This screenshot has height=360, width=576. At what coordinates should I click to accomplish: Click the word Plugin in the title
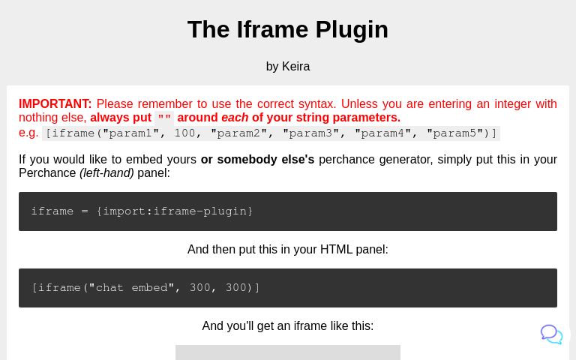(352, 29)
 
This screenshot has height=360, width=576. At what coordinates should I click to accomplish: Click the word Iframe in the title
(271, 29)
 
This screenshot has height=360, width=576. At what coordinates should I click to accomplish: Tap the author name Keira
(295, 67)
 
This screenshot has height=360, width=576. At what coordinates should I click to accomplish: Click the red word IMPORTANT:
(55, 104)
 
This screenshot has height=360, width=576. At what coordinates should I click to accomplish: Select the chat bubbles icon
(551, 334)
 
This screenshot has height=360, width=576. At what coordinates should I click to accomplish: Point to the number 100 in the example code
(184, 133)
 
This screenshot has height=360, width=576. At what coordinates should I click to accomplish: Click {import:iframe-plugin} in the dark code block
(174, 211)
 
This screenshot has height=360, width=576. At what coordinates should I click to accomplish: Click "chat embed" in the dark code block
(131, 288)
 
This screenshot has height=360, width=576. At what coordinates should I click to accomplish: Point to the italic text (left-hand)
(106, 173)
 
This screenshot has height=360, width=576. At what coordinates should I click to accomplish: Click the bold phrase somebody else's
(257, 160)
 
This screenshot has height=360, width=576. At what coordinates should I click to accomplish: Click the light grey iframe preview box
(288, 352)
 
